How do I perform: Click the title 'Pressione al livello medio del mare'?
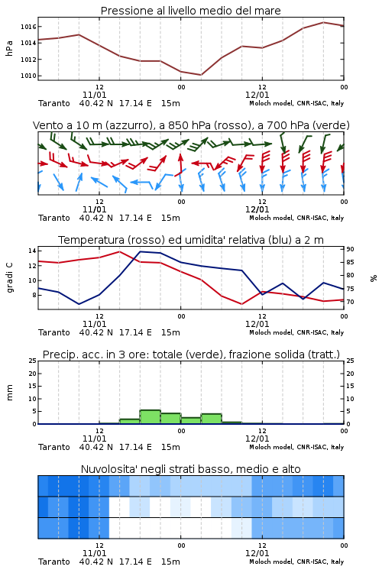point(190,11)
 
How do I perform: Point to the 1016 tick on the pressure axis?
point(28,27)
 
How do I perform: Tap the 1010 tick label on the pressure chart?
point(28,76)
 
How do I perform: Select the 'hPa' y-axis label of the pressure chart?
point(9,48)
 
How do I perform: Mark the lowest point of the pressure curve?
point(201,75)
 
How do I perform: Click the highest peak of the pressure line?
point(323,22)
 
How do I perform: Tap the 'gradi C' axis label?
point(10,278)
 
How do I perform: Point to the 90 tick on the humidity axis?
point(350,249)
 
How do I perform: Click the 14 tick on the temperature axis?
point(32,251)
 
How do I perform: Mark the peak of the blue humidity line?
point(141,251)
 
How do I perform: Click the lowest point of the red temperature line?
point(241,304)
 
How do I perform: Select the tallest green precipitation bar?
point(151,417)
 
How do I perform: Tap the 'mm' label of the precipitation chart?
point(9,393)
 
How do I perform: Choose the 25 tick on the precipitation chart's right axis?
point(350,361)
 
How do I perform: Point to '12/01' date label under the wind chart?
point(257,209)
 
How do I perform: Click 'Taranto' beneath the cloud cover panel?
point(54,562)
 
